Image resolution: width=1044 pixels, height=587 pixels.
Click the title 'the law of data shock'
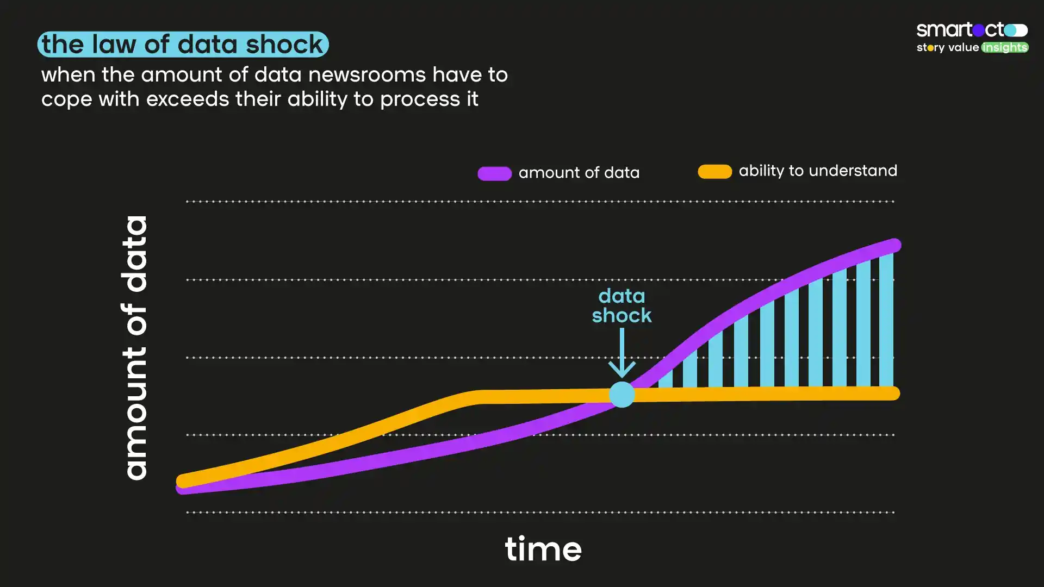click(183, 44)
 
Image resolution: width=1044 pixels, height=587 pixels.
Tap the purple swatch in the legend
click(494, 173)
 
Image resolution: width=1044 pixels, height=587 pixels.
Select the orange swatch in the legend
click(714, 171)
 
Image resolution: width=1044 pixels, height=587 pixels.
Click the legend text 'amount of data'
click(579, 173)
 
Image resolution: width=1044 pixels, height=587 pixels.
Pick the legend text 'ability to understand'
click(818, 171)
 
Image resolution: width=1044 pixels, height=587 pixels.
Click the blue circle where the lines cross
click(622, 394)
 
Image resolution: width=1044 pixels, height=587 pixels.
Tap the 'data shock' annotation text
click(622, 305)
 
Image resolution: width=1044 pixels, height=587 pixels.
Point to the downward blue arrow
click(622, 353)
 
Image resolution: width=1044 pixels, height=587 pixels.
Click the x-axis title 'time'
click(543, 549)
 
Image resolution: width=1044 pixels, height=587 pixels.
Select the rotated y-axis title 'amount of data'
click(135, 348)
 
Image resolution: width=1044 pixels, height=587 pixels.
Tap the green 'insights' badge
click(1005, 47)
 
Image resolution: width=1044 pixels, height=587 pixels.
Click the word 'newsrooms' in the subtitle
click(366, 74)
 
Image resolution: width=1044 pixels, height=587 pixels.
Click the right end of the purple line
click(894, 245)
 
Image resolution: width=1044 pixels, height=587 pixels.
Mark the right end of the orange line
click(893, 393)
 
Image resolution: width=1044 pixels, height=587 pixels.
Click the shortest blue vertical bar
click(666, 378)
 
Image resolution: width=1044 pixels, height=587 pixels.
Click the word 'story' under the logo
click(930, 48)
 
